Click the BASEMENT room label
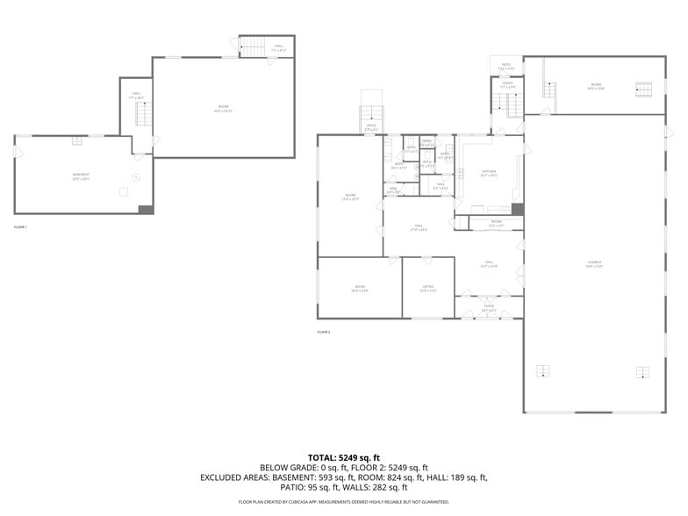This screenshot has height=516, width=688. click(81, 176)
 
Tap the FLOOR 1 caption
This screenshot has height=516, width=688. click(20, 227)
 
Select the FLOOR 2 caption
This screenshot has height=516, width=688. click(324, 332)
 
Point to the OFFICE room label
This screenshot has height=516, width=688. click(428, 288)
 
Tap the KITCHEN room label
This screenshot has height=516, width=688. click(489, 172)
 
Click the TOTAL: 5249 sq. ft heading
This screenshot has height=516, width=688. click(343, 457)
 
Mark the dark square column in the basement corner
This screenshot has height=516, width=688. click(146, 209)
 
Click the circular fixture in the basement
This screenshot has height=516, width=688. click(135, 178)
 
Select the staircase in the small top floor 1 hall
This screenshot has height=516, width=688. click(252, 47)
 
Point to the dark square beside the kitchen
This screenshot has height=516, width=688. click(517, 209)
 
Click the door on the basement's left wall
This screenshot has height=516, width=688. click(16, 167)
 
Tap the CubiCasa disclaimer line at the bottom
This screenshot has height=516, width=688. click(343, 502)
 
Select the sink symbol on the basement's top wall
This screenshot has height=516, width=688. click(76, 139)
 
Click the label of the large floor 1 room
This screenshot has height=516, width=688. click(224, 108)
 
